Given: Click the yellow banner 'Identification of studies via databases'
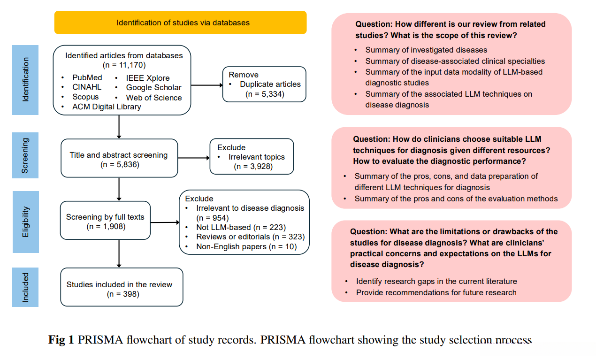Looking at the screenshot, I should [x=180, y=23].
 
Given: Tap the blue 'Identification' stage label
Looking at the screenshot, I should [x=25, y=80].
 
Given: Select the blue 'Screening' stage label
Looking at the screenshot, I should [x=25, y=155].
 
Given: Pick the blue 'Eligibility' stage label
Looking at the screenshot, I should [x=25, y=222].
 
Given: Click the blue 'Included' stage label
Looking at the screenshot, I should [x=25, y=287].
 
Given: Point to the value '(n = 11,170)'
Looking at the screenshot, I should [x=124, y=65].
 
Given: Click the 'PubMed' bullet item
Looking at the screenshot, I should [x=87, y=77].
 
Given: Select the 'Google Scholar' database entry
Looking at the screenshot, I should [x=153, y=87].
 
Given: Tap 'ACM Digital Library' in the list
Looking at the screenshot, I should [x=107, y=107].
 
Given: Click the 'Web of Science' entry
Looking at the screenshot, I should [x=154, y=98].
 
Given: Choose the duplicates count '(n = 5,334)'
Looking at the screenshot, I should [x=265, y=94].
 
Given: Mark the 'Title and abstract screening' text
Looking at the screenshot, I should [x=119, y=155].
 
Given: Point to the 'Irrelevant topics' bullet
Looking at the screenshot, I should [x=257, y=157].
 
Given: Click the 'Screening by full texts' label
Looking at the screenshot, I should [x=106, y=217].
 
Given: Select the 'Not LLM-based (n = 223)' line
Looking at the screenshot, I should [x=241, y=227].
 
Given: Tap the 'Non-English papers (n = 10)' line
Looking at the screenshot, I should [x=246, y=246].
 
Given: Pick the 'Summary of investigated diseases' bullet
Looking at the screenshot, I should [x=426, y=50].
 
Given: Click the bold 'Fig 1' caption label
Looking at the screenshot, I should [x=61, y=340].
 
